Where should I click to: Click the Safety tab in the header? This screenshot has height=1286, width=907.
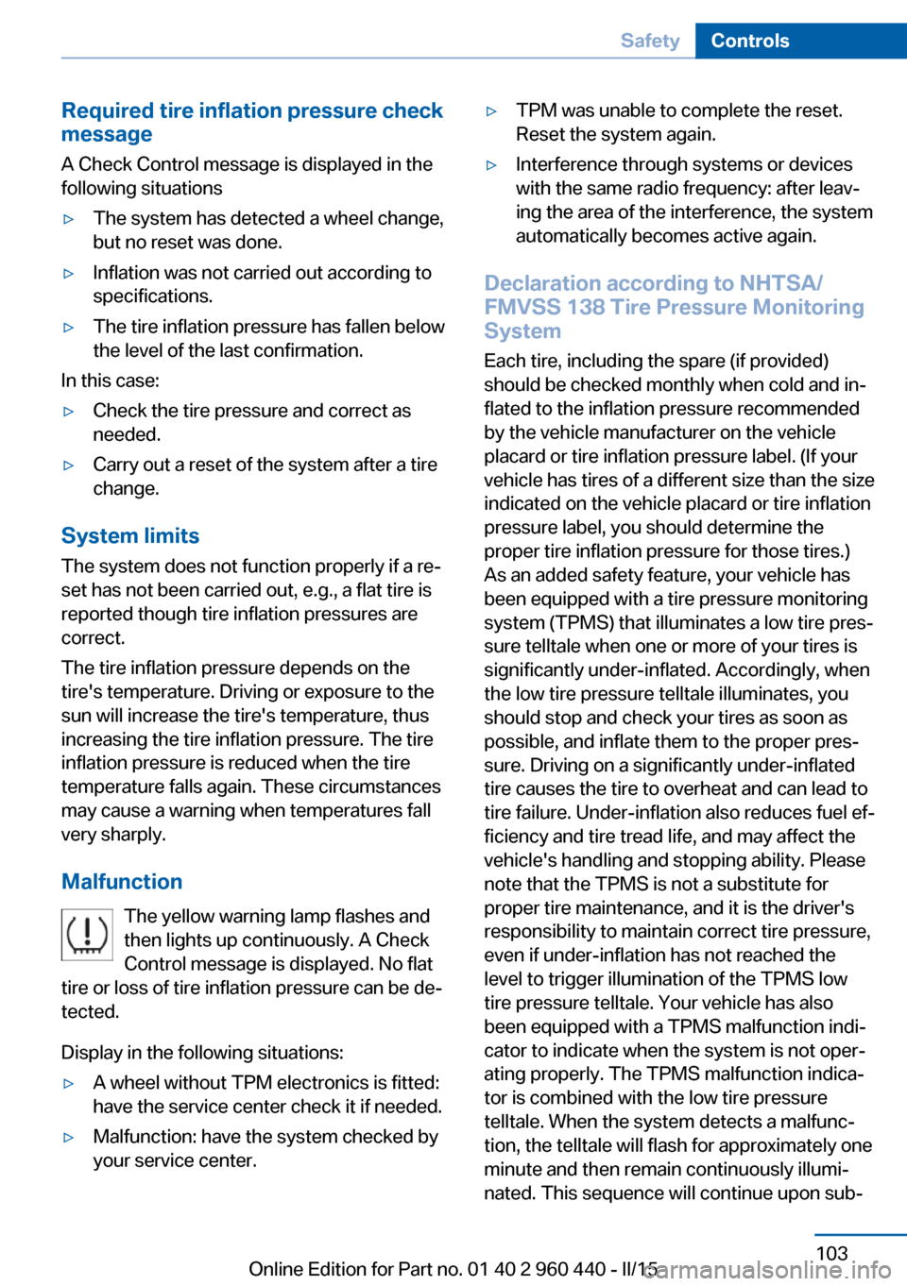pyautogui.click(x=650, y=41)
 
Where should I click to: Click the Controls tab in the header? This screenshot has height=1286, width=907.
pyautogui.click(x=750, y=41)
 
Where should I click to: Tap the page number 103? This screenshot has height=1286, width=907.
pyautogui.click(x=831, y=1253)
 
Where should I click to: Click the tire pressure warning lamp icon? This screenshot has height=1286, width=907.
pyautogui.click(x=87, y=935)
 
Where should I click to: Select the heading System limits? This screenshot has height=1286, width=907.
pyautogui.click(x=130, y=536)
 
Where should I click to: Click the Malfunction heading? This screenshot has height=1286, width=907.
pyautogui.click(x=122, y=882)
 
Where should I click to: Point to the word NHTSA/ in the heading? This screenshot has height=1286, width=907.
pyautogui.click(x=781, y=283)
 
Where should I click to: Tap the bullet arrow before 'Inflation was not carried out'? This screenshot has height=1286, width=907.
pyautogui.click(x=68, y=274)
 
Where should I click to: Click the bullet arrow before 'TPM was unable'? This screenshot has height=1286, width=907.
pyautogui.click(x=491, y=111)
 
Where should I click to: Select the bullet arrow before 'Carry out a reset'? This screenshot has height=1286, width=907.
pyautogui.click(x=68, y=465)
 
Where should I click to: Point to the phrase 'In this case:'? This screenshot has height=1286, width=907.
pyautogui.click(x=111, y=381)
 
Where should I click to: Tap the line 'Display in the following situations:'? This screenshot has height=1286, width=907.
pyautogui.click(x=202, y=1053)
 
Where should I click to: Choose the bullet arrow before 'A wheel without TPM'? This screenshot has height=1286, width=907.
pyautogui.click(x=68, y=1084)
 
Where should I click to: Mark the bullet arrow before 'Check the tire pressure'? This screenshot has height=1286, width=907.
pyautogui.click(x=68, y=412)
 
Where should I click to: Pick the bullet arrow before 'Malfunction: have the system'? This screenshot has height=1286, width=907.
pyautogui.click(x=68, y=1138)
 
